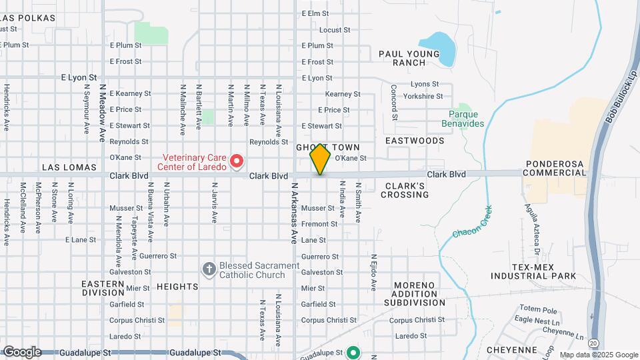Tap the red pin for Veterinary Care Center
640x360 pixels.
tap(236, 161)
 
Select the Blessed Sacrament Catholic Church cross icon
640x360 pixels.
tap(209, 268)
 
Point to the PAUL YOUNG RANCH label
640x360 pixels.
tap(411, 58)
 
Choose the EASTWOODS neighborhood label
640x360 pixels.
tap(415, 141)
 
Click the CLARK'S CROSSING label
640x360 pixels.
tap(405, 190)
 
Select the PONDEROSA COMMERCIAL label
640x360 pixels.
tap(555, 168)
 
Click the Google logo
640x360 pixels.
tap(21, 351)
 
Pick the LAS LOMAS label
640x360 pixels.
tap(69, 167)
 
